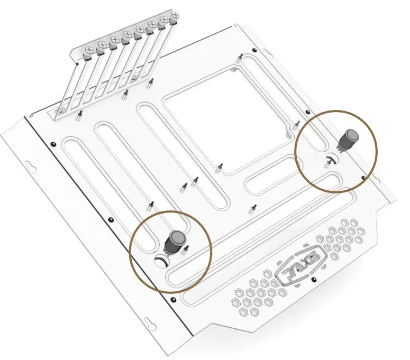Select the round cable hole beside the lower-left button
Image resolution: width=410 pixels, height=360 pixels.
(160, 260)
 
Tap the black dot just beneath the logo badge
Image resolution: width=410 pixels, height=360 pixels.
(314, 279)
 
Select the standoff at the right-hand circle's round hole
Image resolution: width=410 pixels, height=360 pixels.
(329, 162)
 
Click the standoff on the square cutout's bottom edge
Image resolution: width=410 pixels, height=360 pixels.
(218, 168)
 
